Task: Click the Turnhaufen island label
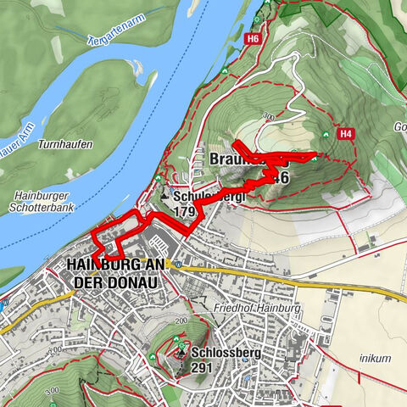65,145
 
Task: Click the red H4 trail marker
344,133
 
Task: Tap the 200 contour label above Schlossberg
181,323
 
